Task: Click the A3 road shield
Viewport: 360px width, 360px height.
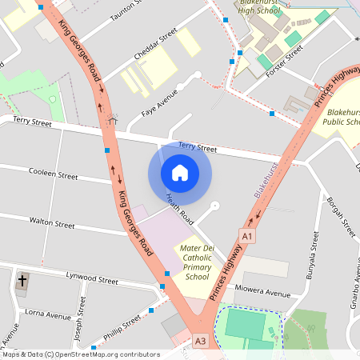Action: pyautogui.click(x=200, y=342)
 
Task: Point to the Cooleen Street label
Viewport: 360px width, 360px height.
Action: pyautogui.click(x=53, y=175)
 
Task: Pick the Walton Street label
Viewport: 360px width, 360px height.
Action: pyautogui.click(x=52, y=219)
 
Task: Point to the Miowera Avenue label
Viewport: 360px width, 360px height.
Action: pyautogui.click(x=263, y=293)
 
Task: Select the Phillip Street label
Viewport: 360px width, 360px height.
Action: pyautogui.click(x=120, y=326)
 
